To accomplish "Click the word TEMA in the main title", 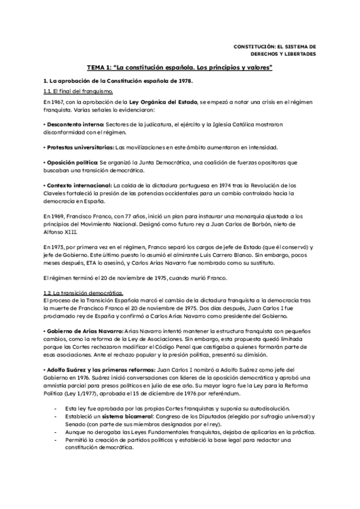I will (x=97, y=68).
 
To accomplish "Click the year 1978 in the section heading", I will (x=185, y=80).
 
